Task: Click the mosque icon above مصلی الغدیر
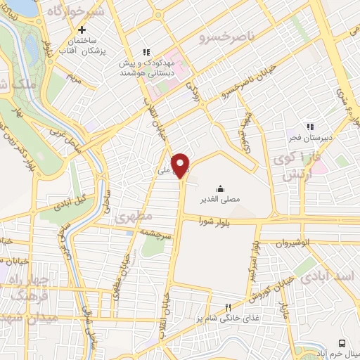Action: (220, 188)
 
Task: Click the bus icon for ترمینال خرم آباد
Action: (342, 342)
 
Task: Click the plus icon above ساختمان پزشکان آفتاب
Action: (82, 30)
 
